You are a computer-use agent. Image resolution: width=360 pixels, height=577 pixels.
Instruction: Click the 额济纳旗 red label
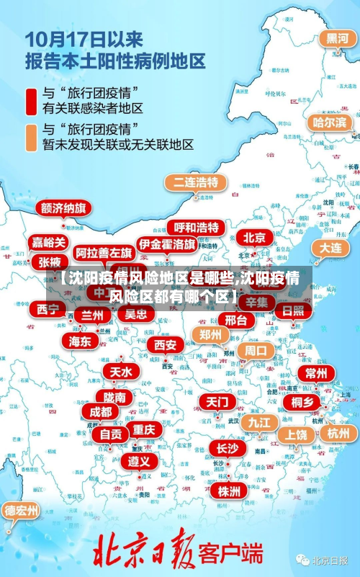63,208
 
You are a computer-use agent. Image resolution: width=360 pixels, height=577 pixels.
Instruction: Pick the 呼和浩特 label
197,228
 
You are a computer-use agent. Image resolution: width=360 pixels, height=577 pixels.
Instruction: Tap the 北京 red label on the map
253,237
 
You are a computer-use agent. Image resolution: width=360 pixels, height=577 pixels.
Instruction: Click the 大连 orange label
330,247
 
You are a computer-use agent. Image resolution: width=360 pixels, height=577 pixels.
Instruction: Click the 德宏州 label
22,511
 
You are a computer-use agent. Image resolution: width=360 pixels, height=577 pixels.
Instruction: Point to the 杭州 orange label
338,433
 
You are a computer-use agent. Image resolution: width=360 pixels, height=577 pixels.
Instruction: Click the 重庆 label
144,429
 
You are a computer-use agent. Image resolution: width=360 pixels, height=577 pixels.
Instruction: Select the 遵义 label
139,460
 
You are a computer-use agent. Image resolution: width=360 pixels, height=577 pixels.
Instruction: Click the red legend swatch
32,101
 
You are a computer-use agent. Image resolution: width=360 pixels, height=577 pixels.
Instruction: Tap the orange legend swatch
32,137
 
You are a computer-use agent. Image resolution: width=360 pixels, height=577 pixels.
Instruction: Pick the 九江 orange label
258,421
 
